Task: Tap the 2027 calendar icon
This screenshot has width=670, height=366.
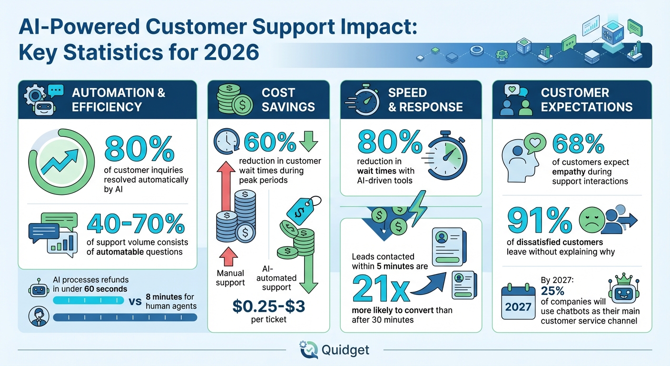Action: [x=518, y=302]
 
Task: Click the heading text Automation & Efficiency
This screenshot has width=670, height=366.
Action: [x=118, y=99]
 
